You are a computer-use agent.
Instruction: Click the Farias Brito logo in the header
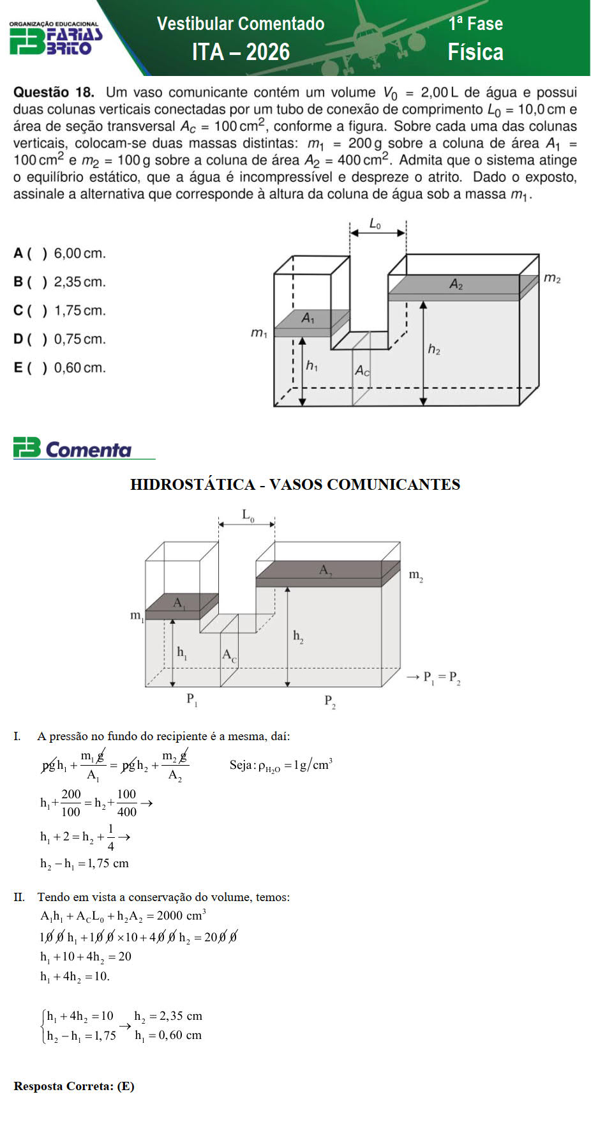(56, 39)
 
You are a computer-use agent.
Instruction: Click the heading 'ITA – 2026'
(241, 52)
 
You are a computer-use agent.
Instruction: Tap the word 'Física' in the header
(475, 52)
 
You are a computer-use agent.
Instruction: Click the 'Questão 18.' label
(54, 93)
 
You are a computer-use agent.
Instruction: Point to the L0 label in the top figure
(376, 224)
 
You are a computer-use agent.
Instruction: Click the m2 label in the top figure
(552, 278)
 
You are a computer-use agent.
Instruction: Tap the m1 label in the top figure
(258, 333)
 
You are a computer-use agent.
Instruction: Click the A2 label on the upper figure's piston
(456, 284)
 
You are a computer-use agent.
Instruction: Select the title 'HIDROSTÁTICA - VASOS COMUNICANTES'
(295, 485)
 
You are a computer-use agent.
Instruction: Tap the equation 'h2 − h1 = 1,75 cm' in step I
(84, 864)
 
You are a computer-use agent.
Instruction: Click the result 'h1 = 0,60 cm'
(168, 1035)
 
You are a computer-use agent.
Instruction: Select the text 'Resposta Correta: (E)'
(74, 1086)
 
